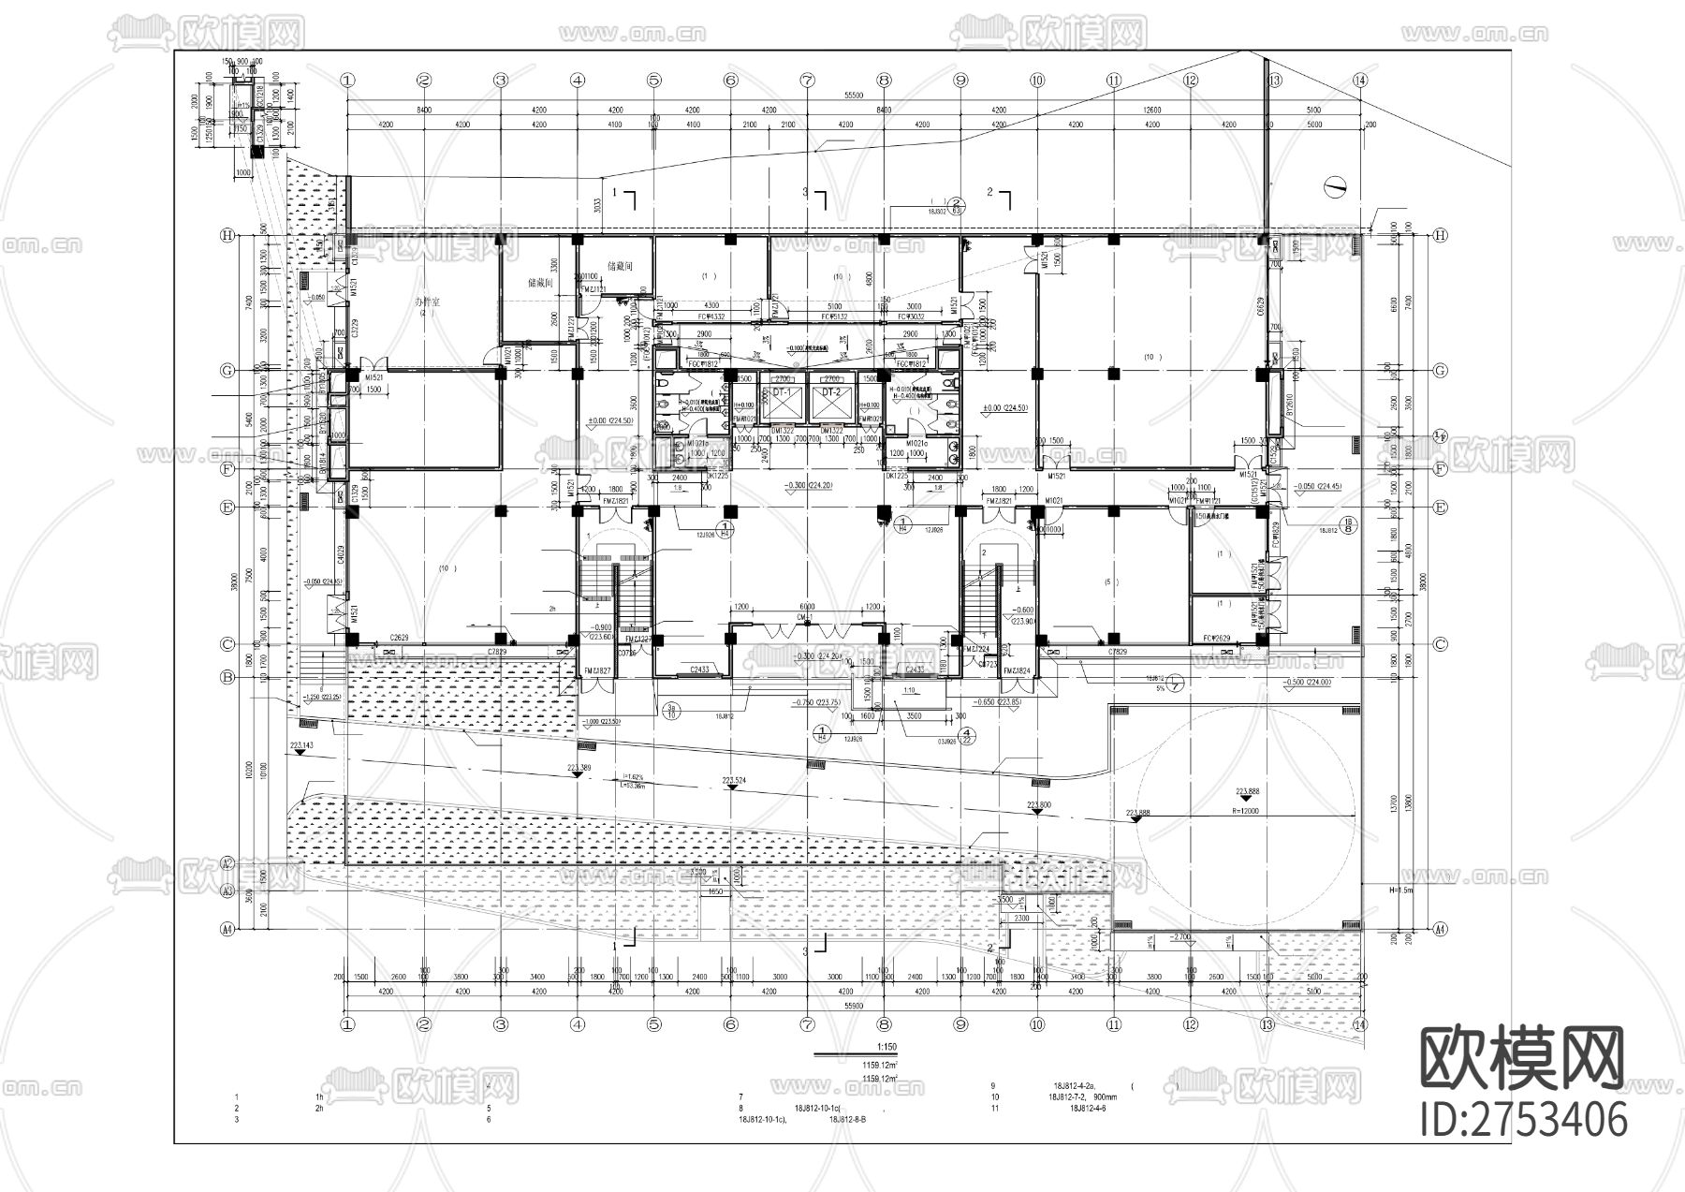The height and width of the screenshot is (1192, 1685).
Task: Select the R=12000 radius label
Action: pos(1246,812)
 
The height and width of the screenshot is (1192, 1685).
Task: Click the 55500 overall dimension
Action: pos(852,95)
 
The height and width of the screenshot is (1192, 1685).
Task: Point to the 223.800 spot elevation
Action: pos(1039,804)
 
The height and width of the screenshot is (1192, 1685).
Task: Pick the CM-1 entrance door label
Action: pos(805,617)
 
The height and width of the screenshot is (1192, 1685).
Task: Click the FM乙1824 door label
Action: pos(1016,671)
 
